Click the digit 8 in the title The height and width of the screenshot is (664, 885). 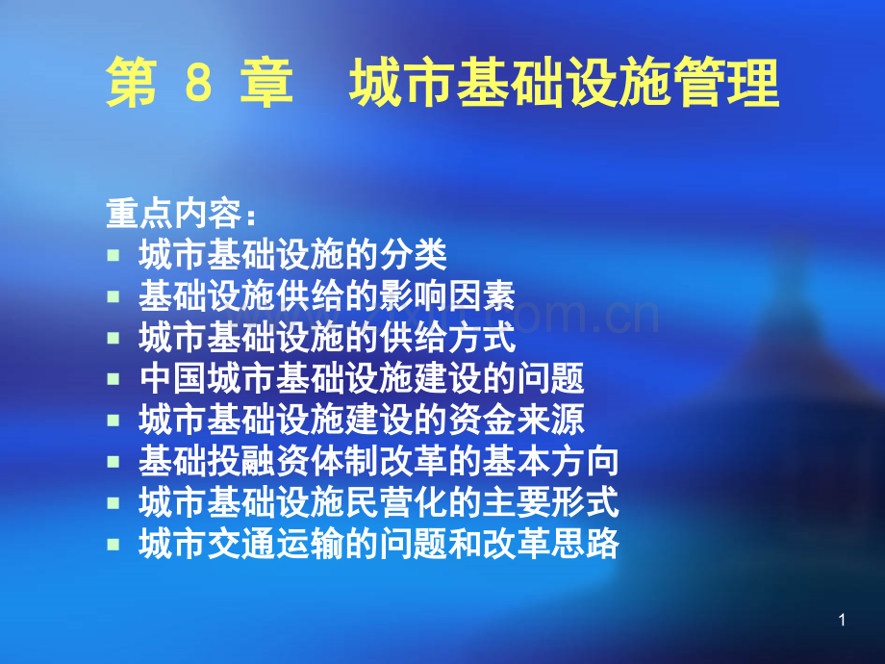199,83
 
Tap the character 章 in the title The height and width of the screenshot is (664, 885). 266,83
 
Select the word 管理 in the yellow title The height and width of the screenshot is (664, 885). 727,83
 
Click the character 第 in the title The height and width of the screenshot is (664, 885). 131,83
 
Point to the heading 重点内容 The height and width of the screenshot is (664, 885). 174,214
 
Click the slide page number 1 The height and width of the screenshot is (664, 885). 842,620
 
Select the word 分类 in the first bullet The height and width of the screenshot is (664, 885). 414,255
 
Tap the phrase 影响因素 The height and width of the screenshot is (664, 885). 447,295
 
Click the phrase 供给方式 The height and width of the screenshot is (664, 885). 447,337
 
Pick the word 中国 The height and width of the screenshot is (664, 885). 173,378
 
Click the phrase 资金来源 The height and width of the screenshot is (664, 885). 517,420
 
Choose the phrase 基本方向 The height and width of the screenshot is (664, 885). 551,461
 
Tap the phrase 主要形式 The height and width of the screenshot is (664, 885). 551,502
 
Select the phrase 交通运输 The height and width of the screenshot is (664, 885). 275,543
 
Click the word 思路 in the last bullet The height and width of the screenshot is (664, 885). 585,543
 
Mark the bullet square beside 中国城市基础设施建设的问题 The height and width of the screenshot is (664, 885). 114,378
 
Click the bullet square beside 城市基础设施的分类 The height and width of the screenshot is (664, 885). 114,255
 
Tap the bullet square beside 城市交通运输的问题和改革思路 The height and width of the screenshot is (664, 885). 114,545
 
